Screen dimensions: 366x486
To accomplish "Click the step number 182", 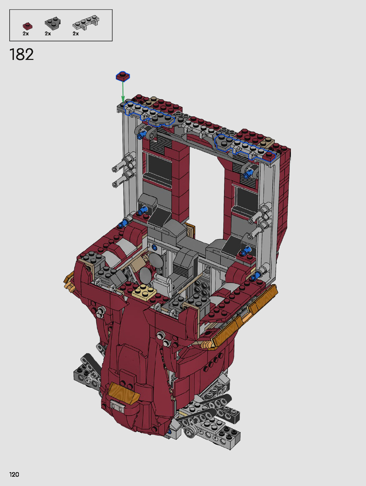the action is pos(22,55).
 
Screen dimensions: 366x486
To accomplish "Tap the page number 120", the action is pos(14,474).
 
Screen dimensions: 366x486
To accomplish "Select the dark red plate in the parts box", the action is pos(27,26).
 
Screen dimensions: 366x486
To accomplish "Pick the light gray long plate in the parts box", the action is pos(86,23).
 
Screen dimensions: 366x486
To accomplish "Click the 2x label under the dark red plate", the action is pos(26,34).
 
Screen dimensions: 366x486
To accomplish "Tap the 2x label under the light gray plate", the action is pos(76,34).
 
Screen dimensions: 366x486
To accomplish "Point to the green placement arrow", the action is pos(123,92).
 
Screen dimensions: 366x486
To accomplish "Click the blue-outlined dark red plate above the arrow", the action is pos(123,76).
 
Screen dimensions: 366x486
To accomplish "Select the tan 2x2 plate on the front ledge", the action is pos(144,290).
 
